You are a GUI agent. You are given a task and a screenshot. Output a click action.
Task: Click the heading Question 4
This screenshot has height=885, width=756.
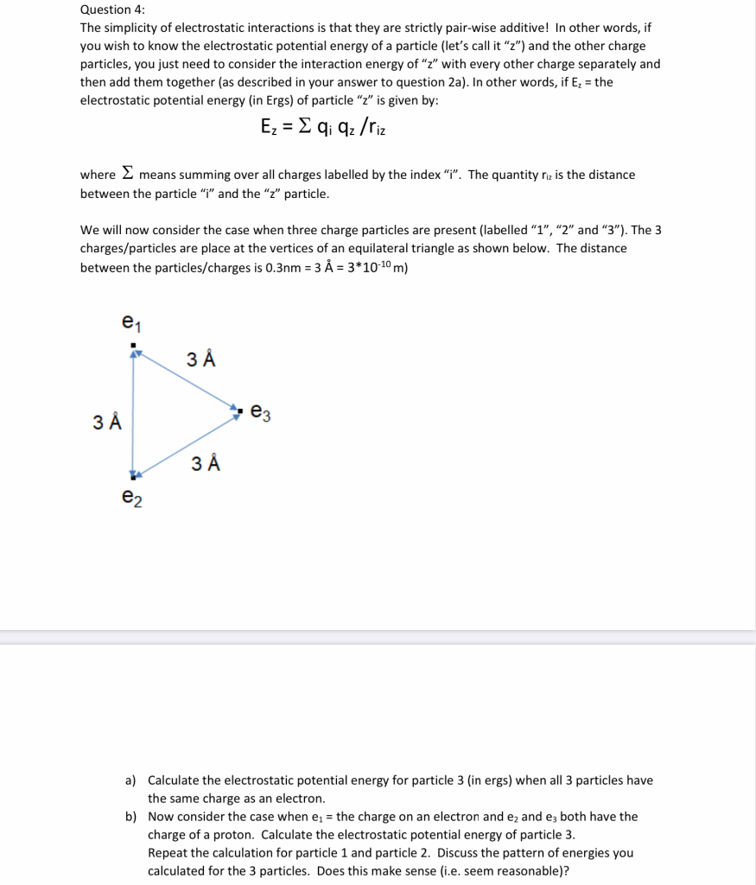[x=112, y=10]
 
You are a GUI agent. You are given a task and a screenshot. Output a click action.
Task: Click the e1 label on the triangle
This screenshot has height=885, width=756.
[x=131, y=323]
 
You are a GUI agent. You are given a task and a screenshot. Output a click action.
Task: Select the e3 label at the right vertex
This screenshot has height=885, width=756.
[x=260, y=414]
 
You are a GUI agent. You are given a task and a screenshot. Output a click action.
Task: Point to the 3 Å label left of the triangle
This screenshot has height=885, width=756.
[x=107, y=423]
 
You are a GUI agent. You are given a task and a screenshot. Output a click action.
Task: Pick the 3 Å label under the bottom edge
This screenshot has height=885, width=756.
[x=206, y=463]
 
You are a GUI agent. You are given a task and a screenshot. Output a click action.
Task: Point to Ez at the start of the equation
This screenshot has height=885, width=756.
[x=270, y=127]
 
